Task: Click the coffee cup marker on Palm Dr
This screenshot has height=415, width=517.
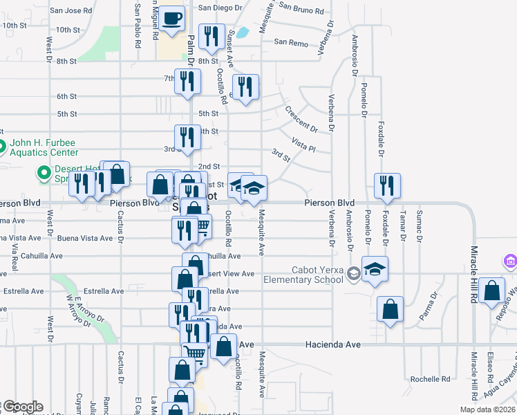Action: tap(173, 19)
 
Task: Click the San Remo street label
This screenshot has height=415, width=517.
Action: tap(290, 42)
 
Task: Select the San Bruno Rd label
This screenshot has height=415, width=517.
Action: tap(301, 11)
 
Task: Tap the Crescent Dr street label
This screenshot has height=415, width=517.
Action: tap(301, 119)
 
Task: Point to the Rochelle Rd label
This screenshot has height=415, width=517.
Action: tap(430, 379)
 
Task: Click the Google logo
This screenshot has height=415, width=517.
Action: tap(22, 407)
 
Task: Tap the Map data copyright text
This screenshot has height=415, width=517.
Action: tap(487, 409)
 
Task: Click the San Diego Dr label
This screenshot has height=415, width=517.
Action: tap(221, 8)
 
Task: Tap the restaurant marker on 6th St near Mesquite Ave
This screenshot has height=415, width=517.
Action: tap(245, 88)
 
